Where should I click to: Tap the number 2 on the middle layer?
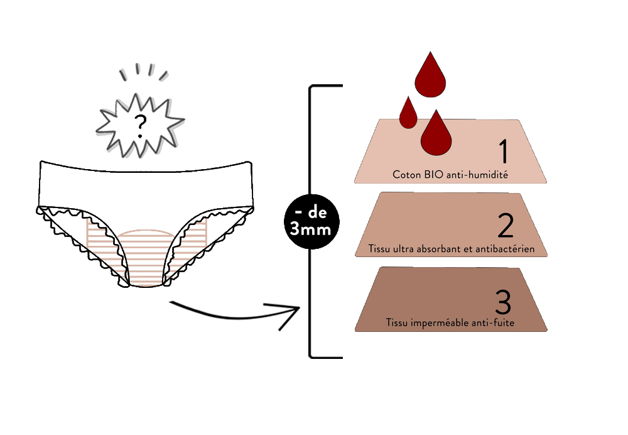tap(504, 224)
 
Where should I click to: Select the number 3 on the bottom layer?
tap(503, 301)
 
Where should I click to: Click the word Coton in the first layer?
tap(406, 174)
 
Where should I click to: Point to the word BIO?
tap(433, 174)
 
